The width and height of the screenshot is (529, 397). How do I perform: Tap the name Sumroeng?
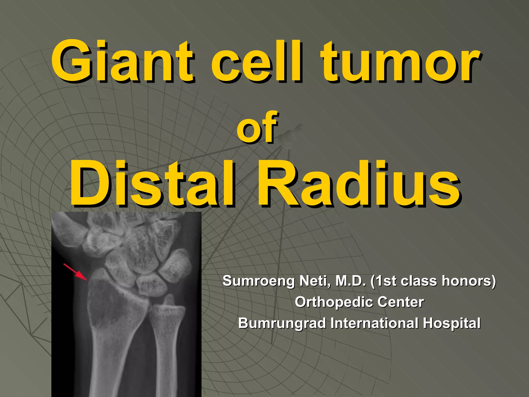coord(258,281)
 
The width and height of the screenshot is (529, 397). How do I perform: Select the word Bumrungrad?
coord(282,323)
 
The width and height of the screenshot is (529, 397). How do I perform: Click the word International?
coord(374,323)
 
